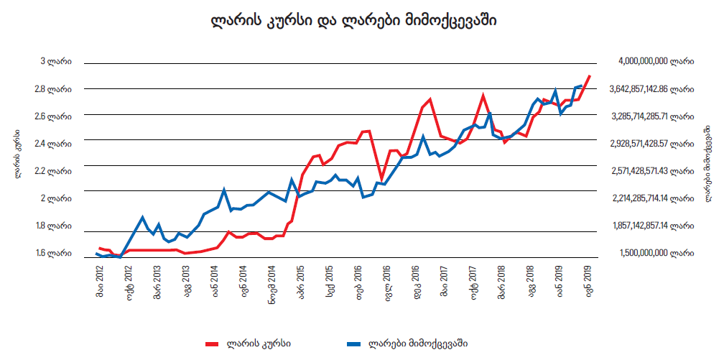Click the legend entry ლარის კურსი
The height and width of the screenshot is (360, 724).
pos(258,343)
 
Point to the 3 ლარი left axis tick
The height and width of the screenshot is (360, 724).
pos(55,62)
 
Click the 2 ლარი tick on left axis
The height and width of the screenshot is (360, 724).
pos(55,198)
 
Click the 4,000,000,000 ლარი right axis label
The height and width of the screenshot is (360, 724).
pos(654,62)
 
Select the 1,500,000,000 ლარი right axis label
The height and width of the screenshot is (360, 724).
pos(654,253)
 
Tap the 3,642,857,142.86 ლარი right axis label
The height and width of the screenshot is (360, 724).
pos(651,89)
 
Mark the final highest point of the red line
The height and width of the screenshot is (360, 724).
pos(590,75)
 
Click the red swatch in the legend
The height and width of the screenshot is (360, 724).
pos(211,343)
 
